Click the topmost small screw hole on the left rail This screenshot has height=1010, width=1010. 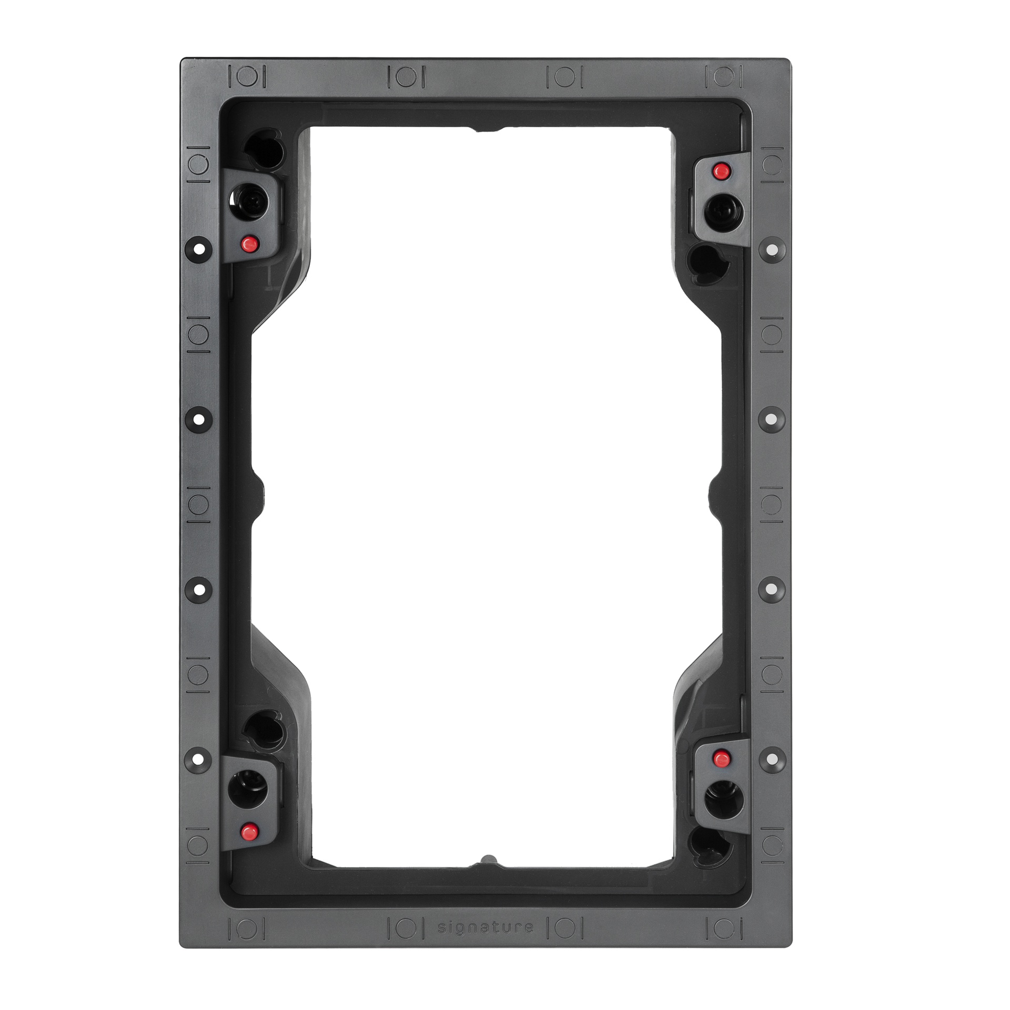pos(199,247)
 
